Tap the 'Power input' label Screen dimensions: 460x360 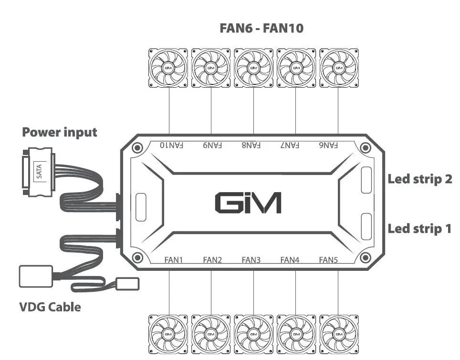click(x=60, y=132)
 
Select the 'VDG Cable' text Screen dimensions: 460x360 click(x=50, y=307)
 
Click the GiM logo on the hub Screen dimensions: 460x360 click(x=248, y=203)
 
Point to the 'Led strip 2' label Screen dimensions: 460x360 click(x=419, y=179)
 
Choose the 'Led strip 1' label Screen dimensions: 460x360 click(x=419, y=228)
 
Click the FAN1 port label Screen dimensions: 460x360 click(x=174, y=260)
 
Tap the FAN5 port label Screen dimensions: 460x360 click(x=328, y=260)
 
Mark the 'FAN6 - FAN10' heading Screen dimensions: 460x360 click(x=261, y=28)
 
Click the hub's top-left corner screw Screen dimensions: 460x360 click(x=137, y=148)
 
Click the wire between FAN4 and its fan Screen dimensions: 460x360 click(x=295, y=291)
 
